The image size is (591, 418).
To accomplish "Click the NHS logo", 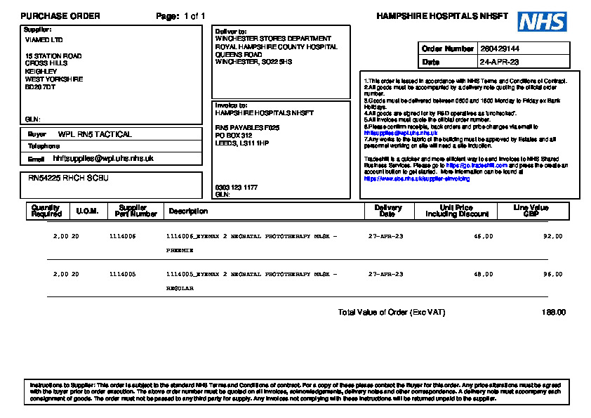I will pos(542,21).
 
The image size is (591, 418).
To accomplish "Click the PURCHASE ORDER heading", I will pos(60,16).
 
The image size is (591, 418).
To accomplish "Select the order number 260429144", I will pos(500,49).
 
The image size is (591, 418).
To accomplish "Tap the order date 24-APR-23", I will pos(500,62).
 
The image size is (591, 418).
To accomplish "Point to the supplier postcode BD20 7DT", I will pos(40,87).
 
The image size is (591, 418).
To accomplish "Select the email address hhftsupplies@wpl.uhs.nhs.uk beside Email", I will pos(103,159).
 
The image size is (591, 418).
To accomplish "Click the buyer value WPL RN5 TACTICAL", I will pos(95,134).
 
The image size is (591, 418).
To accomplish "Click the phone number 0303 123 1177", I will pos(236,188).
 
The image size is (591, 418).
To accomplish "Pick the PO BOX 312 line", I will pos(234,135).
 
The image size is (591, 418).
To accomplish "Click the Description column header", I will pos(188,211).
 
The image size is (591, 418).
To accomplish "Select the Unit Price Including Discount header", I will pos(456,211).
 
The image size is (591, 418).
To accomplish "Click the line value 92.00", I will pos(553,237).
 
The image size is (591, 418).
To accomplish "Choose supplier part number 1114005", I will pos(123,274).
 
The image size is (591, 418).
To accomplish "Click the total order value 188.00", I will pos(553,312).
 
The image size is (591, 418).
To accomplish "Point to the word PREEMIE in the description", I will pos(175,249).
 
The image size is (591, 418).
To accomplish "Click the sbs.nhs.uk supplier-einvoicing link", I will pos(416,179).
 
